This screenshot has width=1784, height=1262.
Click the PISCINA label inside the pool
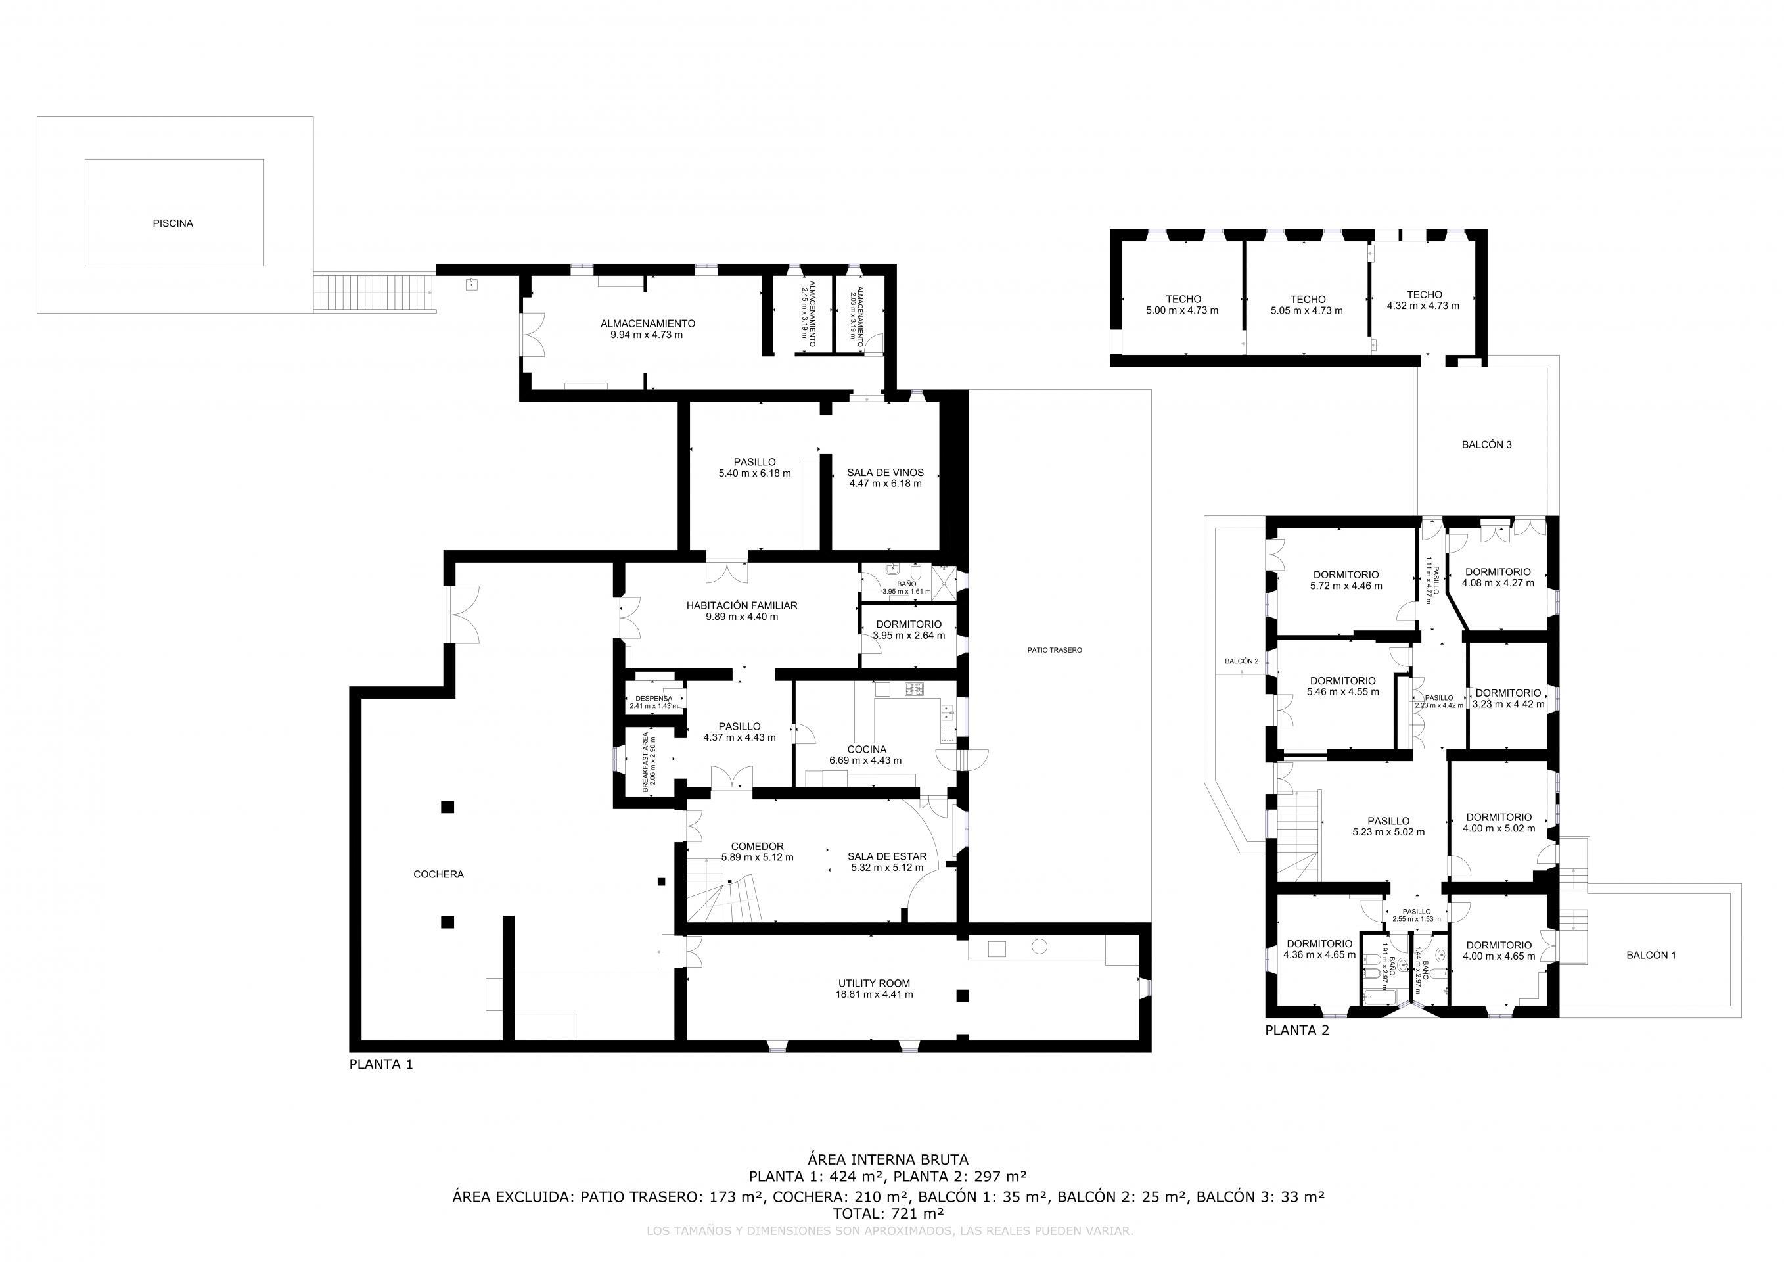[173, 223]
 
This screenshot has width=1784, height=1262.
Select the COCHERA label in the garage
[438, 874]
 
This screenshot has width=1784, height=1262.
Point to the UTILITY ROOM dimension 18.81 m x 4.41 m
[874, 994]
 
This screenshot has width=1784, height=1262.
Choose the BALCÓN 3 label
[1486, 445]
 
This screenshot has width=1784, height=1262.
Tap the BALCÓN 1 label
[1651, 955]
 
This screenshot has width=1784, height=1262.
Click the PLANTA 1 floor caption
[380, 1065]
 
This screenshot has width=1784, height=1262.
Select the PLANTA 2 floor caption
[1297, 1031]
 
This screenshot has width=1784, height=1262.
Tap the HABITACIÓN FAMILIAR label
[741, 605]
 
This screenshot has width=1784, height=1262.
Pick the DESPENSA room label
[653, 698]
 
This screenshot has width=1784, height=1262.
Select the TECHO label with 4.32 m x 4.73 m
[1423, 294]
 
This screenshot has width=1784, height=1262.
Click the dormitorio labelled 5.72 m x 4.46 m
[1346, 575]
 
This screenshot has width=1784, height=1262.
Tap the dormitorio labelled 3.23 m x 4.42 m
[1507, 693]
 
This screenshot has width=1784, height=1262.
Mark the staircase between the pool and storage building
[375, 292]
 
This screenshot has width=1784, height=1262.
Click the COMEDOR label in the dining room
[757, 846]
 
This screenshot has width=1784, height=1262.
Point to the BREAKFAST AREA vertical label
[646, 762]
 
